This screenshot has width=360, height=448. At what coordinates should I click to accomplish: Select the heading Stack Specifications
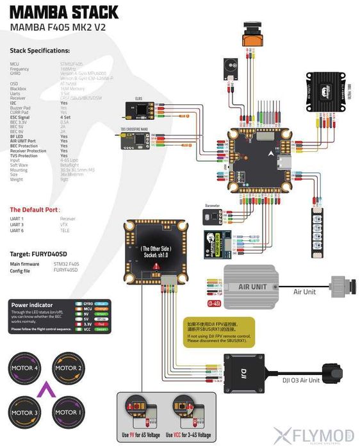coord(40,51)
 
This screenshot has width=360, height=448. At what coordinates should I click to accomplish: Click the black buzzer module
coord(229,67)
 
